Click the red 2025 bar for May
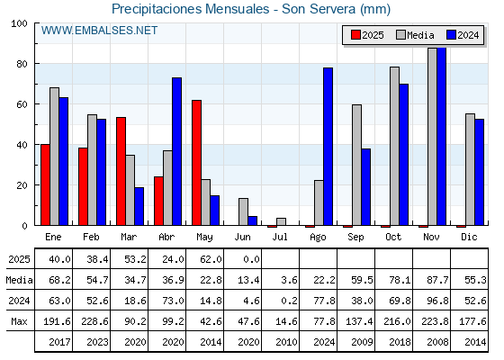point(196,163)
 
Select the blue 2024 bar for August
point(328,146)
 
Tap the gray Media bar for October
point(394,146)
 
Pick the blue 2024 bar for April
point(176,151)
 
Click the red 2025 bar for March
point(121,171)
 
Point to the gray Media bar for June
point(243,211)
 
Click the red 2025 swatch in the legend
point(355,35)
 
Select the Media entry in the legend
point(415,35)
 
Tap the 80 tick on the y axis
point(22,64)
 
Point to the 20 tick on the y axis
point(22,185)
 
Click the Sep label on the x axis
point(355,238)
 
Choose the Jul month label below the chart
point(280,237)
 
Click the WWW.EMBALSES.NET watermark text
point(99,31)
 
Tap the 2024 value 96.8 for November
point(437,301)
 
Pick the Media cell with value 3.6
point(289,280)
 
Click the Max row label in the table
point(19,321)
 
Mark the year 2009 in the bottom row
point(362,342)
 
